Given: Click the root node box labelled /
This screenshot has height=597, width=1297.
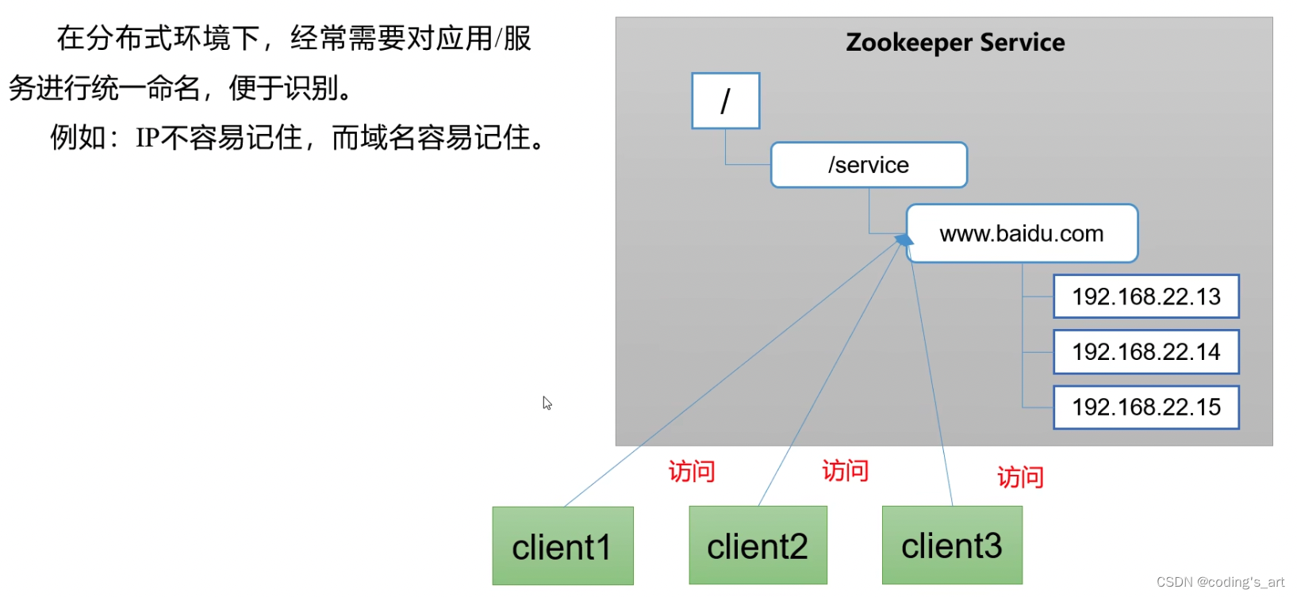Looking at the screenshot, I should coord(725,101).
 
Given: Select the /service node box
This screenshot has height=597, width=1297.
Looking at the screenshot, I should coord(869,165).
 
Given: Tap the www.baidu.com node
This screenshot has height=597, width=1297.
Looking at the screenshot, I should coord(1022,234).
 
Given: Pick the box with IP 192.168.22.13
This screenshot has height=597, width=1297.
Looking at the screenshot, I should coord(1145,297).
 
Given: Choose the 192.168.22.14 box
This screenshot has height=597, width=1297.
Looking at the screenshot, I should coord(1145,352).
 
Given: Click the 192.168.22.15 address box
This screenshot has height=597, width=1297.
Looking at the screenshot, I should coord(1145,408).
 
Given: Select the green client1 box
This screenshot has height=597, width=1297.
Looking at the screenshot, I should coord(562,546).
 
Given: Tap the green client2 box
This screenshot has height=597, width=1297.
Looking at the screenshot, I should coord(758,545).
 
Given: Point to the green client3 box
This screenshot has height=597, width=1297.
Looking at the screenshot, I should coord(952,545).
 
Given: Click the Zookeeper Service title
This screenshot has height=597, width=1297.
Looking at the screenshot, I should coord(955,42).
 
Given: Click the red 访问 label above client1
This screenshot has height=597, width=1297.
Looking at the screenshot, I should coord(692,472).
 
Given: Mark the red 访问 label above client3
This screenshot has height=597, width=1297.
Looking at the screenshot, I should coord(1020,477).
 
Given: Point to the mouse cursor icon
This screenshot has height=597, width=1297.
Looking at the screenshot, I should coord(547,403).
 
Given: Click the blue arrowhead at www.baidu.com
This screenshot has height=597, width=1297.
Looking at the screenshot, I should coord(904,239).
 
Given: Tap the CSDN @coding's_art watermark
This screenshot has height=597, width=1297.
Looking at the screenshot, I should coord(1220,582).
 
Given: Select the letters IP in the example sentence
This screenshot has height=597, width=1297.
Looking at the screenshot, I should coord(148,138).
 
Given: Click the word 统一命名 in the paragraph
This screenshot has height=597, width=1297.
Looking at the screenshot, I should coord(147,88).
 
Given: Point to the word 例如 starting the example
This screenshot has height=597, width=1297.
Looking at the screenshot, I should coord(78,138).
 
